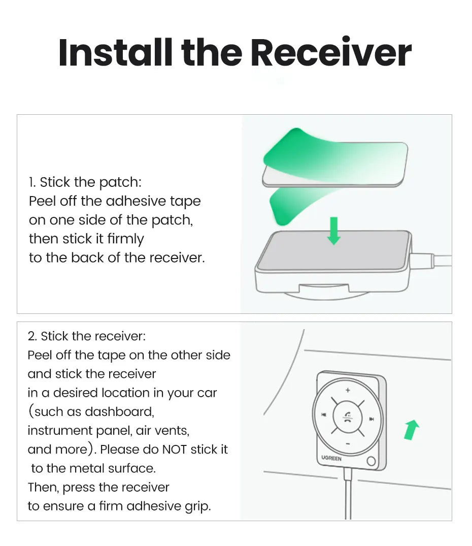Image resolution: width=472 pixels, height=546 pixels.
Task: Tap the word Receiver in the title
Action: point(331,52)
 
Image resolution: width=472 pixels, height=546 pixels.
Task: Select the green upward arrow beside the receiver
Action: point(412,430)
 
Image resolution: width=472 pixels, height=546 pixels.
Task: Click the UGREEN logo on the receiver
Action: point(331,458)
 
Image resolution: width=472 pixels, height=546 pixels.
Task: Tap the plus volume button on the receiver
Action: point(348,390)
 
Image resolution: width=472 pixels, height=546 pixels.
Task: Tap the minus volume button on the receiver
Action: point(348,443)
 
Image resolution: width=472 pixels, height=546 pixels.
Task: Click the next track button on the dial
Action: point(372,419)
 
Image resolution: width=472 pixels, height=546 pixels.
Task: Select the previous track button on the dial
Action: point(323,414)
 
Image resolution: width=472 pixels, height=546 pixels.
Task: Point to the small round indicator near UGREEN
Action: point(371,461)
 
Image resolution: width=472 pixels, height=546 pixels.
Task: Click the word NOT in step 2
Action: point(175,449)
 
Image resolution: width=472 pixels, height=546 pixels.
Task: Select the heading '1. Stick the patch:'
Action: point(85,182)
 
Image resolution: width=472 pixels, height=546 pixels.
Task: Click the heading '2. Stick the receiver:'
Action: point(87,336)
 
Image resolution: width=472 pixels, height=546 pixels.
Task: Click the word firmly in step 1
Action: point(125,239)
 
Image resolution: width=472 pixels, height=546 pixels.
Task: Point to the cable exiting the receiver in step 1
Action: point(431,261)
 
